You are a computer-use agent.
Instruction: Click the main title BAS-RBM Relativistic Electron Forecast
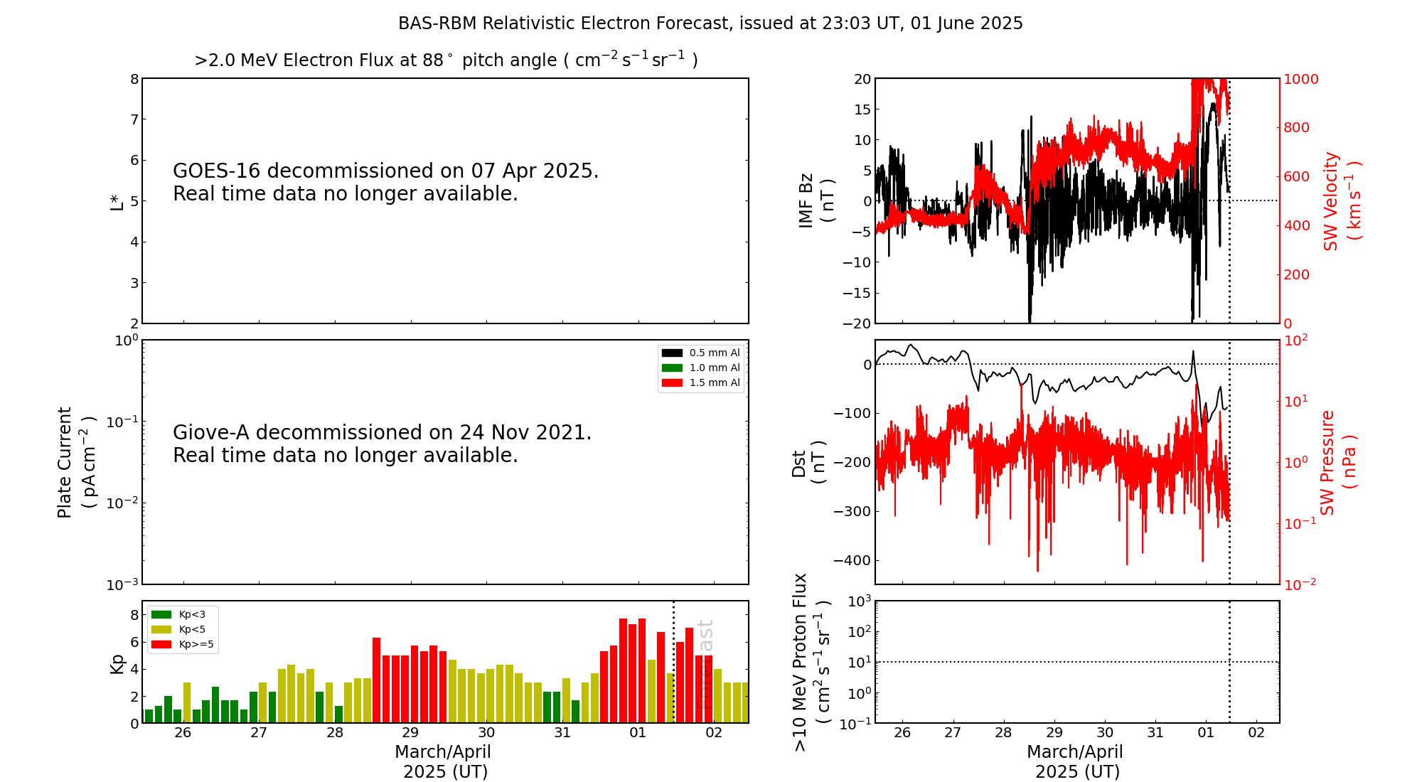pos(710,23)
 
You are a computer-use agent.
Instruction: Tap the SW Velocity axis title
pos(1341,201)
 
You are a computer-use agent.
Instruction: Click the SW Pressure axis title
pos(1337,462)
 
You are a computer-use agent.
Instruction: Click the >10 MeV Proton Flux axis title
pos(811,662)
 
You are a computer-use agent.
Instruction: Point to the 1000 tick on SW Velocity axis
pos(1300,79)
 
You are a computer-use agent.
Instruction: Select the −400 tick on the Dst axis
pos(852,560)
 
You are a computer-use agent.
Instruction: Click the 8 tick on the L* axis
pos(134,79)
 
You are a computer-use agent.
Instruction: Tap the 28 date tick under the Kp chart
pos(335,733)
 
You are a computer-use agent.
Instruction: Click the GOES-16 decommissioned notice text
pos(385,182)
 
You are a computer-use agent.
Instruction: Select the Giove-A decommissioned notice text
pos(382,444)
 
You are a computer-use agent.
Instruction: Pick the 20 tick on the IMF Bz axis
pos(862,79)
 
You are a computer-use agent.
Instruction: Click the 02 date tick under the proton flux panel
pos(1256,733)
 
